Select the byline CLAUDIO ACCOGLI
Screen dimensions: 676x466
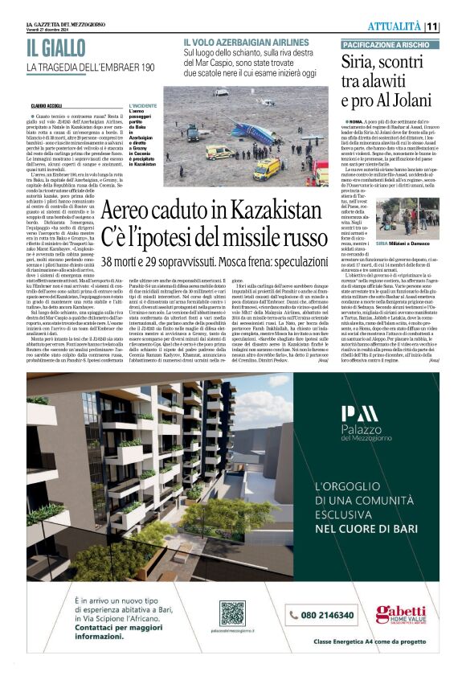[49, 105]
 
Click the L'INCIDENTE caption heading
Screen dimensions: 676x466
[143, 104]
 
